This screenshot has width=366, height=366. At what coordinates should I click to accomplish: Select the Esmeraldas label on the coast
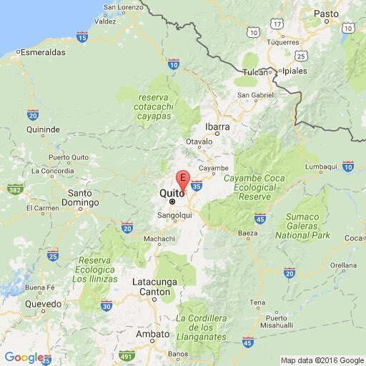pos(42,52)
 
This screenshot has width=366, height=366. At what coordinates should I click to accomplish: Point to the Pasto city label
pos(325,14)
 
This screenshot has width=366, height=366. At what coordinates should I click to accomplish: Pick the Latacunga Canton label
pos(154,287)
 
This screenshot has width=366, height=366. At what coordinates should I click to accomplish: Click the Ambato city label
pos(153,333)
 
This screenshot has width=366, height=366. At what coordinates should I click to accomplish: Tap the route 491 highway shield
pos(127,355)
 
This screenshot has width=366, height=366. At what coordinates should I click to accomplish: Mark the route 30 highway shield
pos(107,306)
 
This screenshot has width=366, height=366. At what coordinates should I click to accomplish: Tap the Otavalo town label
pos(199,142)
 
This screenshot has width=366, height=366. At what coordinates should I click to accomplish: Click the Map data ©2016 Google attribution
pos(322,360)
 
